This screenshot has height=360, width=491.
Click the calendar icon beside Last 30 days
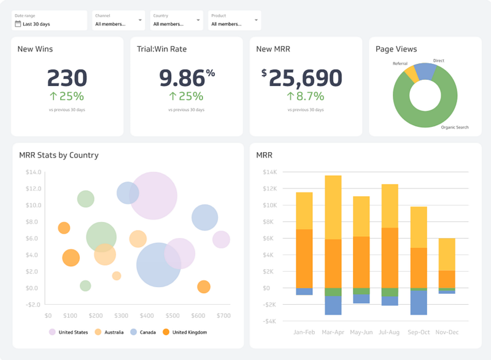tap(18, 24)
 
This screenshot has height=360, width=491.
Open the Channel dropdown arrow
tap(140, 20)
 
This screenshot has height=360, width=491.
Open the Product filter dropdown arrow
tap(256, 20)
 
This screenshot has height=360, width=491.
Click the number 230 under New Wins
tap(67, 78)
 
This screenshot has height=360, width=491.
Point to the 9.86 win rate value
tap(182, 78)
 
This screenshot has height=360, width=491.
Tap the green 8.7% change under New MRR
tap(305, 96)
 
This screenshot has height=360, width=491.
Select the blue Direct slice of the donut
tap(425, 71)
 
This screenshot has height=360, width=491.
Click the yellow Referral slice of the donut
tap(412, 74)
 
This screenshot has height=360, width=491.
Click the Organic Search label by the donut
tap(455, 128)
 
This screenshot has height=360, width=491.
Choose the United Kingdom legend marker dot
tap(166, 332)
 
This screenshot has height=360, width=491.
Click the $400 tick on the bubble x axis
tap(147, 316)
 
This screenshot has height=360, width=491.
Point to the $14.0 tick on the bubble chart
tap(33, 172)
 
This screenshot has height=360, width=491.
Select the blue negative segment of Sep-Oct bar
tap(419, 303)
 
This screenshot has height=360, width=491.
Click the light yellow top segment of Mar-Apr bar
tap(333, 207)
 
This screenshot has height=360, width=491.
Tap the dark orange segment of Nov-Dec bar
tap(447, 279)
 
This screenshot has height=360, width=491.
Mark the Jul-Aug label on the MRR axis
tap(389, 332)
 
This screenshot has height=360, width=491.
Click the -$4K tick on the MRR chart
tap(269, 321)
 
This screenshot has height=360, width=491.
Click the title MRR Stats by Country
tap(59, 155)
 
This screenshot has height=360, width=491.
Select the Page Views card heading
tap(396, 49)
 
